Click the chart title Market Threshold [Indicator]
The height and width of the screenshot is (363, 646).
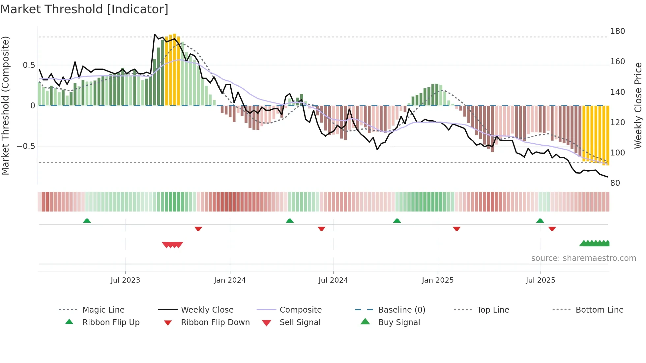[84, 9]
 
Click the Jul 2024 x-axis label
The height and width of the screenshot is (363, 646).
[333, 280]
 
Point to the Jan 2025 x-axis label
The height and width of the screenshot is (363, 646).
[437, 280]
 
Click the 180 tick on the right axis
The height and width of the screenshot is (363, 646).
[617, 31]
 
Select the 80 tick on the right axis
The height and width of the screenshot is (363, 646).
[615, 183]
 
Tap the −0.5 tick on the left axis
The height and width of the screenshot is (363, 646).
[26, 146]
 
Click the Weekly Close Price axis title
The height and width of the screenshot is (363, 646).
[638, 105]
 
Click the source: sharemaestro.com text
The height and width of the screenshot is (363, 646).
[583, 258]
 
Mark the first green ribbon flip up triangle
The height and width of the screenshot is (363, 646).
[87, 221]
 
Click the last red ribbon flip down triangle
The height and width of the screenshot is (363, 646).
[552, 229]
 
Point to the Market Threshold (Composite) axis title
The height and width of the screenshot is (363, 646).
[5, 105]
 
